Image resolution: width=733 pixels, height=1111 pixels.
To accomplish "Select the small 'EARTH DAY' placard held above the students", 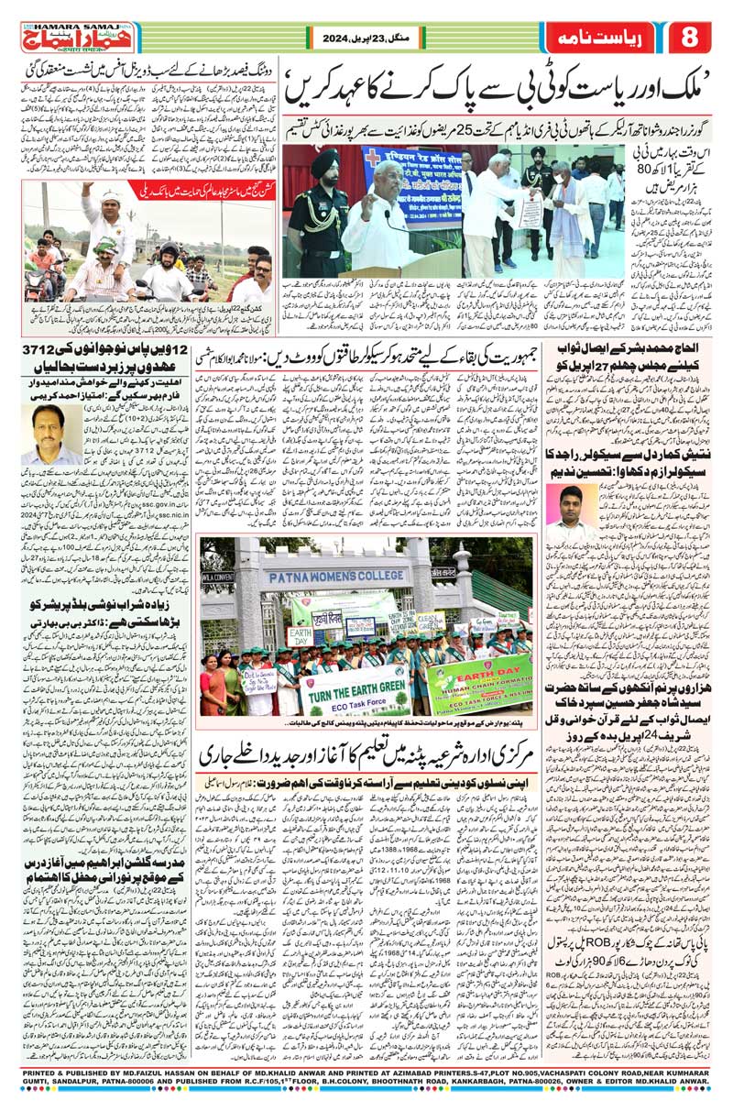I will pyautogui.click(x=300, y=635).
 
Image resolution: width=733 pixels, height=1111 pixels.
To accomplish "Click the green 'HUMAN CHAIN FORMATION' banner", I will pyautogui.click(x=480, y=684).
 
